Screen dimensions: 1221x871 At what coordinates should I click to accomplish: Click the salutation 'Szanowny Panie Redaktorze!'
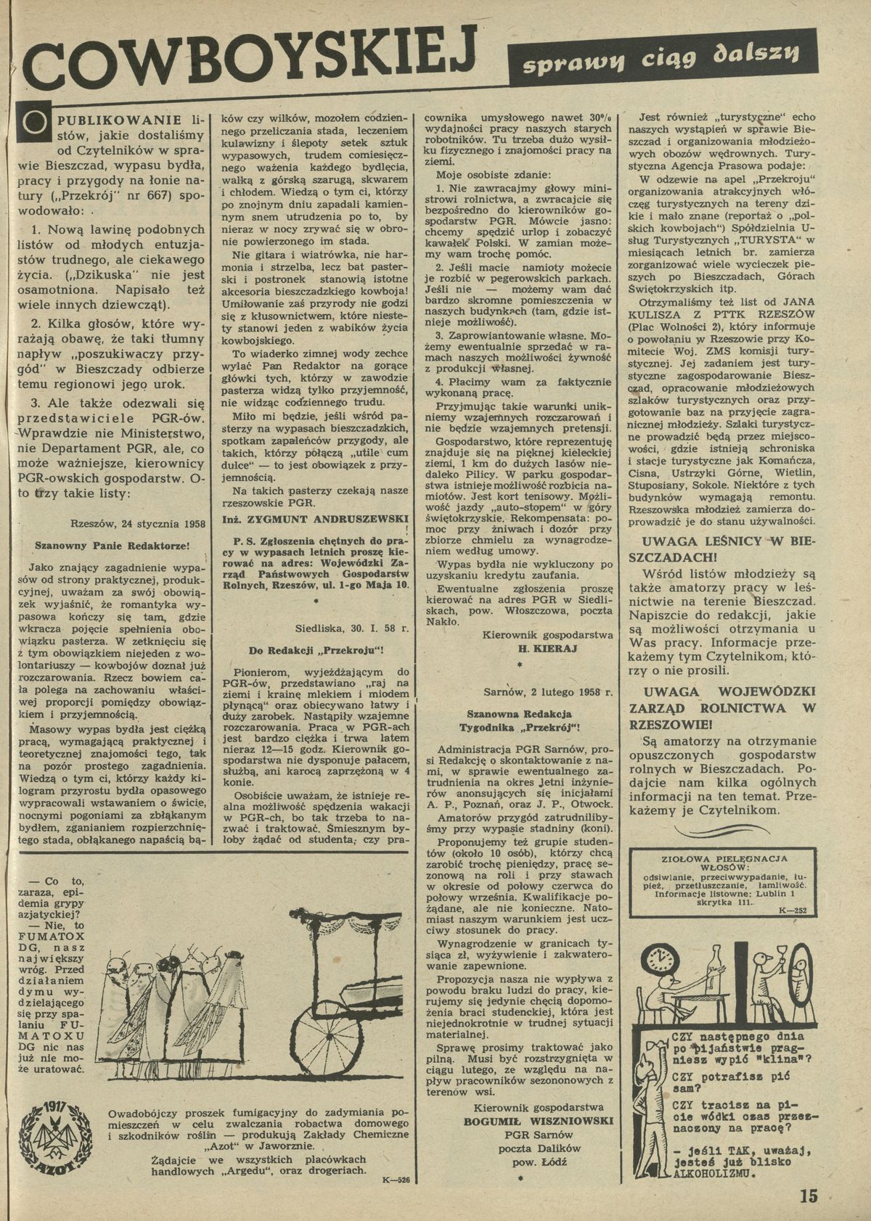(113, 544)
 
